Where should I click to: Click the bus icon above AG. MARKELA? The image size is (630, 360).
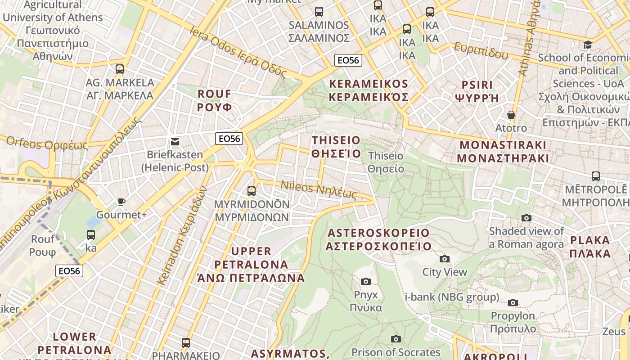click(x=119, y=69)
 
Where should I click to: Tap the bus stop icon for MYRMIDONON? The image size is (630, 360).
click(x=252, y=191)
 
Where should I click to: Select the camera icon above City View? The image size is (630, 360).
click(x=445, y=259)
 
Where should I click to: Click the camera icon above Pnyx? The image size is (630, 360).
click(x=366, y=281)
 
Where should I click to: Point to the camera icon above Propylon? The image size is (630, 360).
click(x=513, y=302)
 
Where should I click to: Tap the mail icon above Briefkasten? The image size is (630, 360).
click(x=175, y=142)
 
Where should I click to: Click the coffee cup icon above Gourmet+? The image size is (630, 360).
click(x=121, y=202)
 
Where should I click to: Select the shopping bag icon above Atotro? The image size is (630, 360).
click(x=511, y=115)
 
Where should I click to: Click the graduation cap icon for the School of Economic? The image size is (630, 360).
click(x=588, y=45)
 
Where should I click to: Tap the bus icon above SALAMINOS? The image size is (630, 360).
click(x=319, y=12)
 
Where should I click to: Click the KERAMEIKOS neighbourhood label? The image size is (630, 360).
click(x=369, y=90)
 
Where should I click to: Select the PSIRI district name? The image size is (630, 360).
click(x=477, y=91)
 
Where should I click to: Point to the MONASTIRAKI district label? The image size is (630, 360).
click(x=503, y=152)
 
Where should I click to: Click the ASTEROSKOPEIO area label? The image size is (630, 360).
click(x=378, y=239)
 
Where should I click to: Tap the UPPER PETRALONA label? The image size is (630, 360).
click(x=251, y=264)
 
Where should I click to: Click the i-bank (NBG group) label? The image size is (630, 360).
click(x=452, y=297)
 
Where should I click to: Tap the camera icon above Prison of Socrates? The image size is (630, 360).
click(x=396, y=339)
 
